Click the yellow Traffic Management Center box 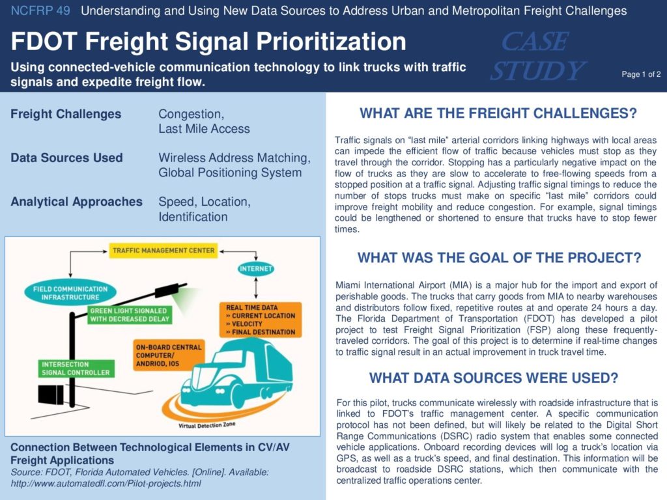point(163,251)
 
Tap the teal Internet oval point(255,269)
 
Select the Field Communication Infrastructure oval point(70,293)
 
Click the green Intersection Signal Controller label point(76,368)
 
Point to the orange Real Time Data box point(261,320)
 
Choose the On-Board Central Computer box point(169,355)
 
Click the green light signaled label point(130,315)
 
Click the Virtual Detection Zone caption point(206,424)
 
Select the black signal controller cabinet point(51,395)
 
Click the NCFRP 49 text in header point(40,10)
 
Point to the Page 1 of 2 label point(641,74)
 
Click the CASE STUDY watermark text point(537,56)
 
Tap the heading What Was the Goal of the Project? point(499,258)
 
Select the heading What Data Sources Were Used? point(494,378)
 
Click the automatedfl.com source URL point(106,484)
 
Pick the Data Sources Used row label point(66,158)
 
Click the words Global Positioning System point(230,173)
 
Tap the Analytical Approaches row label point(77,202)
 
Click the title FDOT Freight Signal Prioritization point(208,41)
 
